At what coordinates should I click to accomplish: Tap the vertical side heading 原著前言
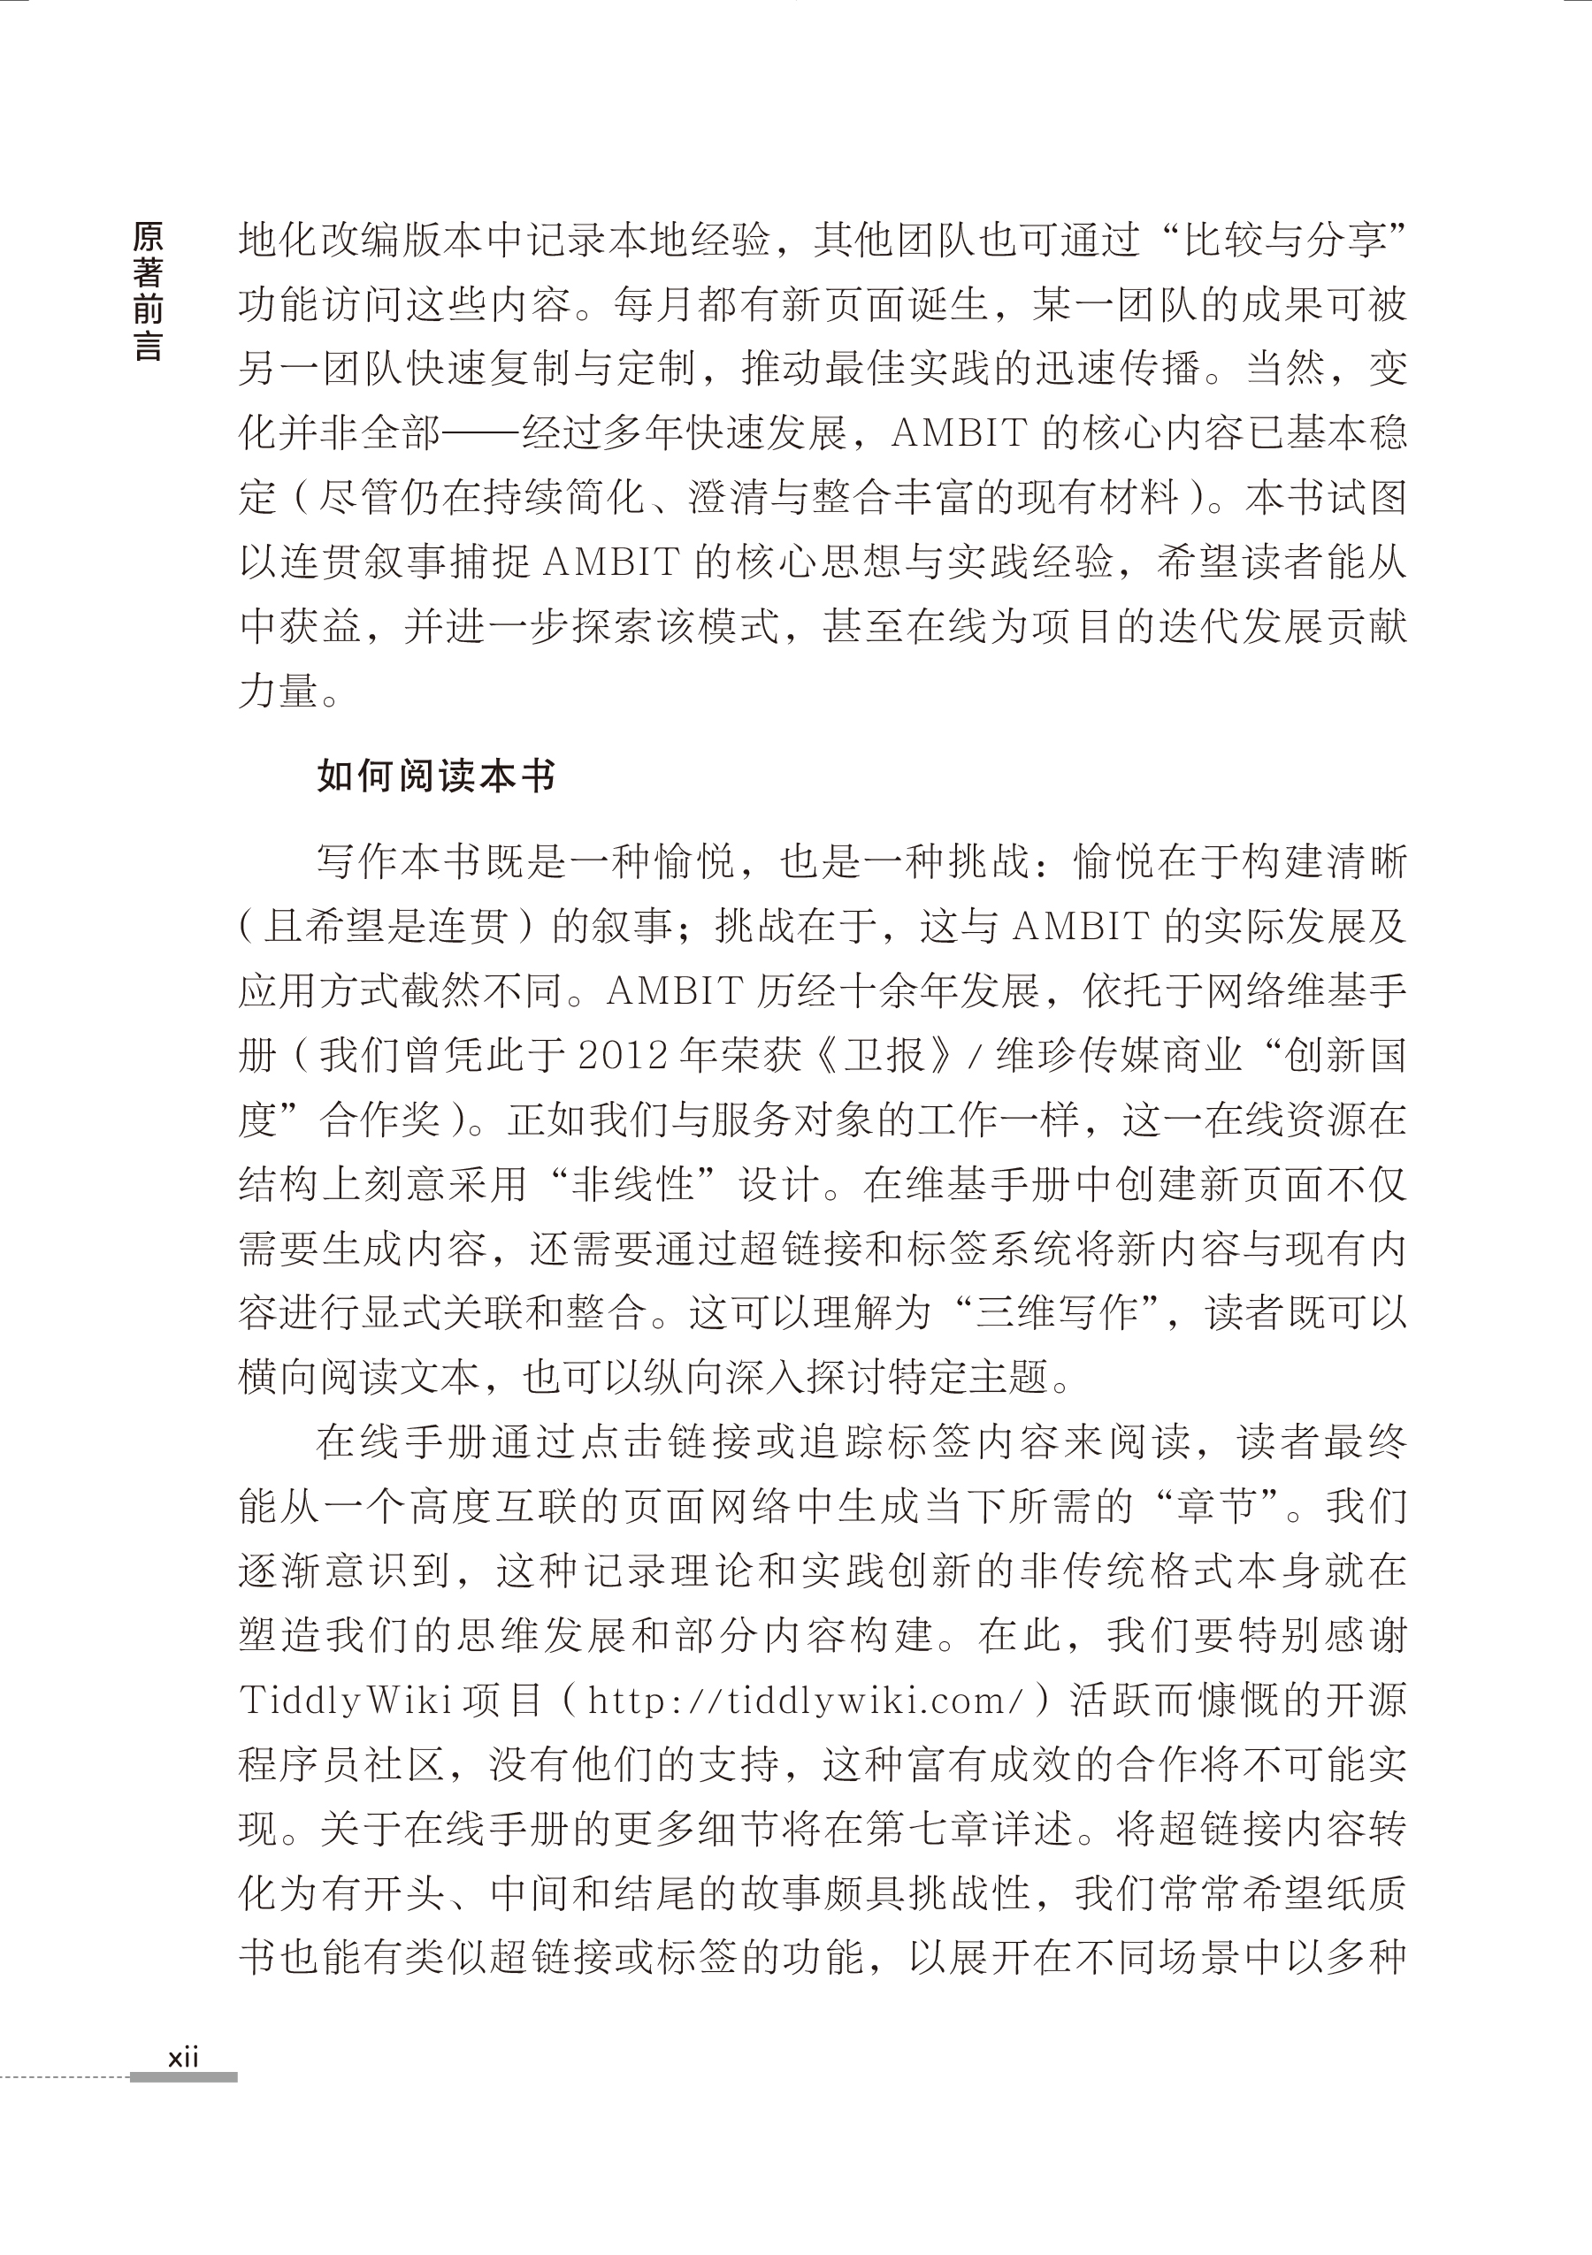tap(148, 292)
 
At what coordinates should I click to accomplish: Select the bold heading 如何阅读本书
tap(436, 776)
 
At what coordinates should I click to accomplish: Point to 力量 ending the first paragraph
tap(279, 692)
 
